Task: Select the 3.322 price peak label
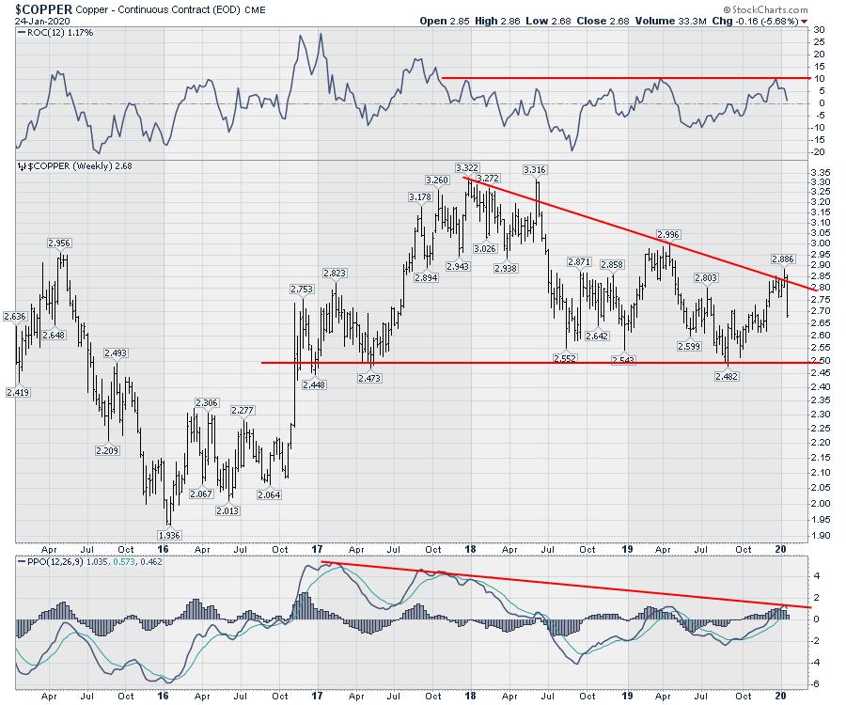468,167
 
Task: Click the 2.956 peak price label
58,243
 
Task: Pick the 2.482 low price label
727,376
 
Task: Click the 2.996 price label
668,234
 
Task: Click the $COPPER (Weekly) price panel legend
66,166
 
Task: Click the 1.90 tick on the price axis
817,536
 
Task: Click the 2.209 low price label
109,450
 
